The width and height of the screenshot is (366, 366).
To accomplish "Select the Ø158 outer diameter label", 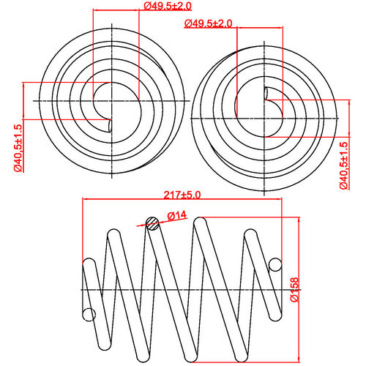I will coord(294,291).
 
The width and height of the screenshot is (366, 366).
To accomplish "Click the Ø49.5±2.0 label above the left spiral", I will coord(168,6).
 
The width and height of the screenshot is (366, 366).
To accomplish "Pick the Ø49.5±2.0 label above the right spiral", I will coord(209,23).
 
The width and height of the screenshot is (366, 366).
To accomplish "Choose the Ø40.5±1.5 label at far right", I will coord(343,165).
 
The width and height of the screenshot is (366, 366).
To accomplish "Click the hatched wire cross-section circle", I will coord(152,223).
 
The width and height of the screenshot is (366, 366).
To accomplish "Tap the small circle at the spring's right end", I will coord(276,264).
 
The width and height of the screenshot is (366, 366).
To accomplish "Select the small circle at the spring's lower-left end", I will coord(89,315).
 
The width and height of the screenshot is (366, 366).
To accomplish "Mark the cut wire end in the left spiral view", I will coord(109,125).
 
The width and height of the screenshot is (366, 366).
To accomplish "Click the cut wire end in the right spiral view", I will coord(265,93).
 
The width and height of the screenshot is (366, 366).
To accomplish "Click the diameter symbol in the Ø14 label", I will coord(171,214).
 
